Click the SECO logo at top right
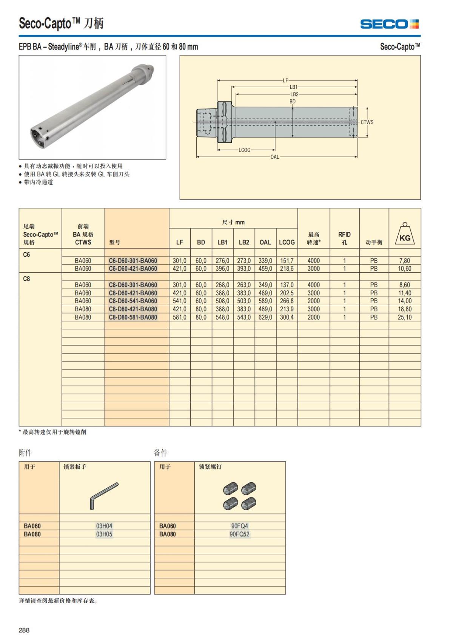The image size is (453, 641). coord(389,24)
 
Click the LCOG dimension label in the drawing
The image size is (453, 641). coord(244,150)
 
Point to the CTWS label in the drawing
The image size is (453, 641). coord(367,122)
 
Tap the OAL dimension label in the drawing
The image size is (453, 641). coord(274,157)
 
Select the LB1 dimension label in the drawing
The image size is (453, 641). coord(294,87)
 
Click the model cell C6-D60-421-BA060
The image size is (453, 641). coord(133,269)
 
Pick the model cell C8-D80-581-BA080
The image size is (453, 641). coord(133,317)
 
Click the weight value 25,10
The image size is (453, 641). coord(404,317)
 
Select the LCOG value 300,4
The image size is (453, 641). coord(287,317)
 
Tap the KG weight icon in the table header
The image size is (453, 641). coord(405,234)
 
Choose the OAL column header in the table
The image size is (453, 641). coord(265,242)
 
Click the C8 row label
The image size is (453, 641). coord(26,279)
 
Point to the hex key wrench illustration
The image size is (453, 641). coord(104,495)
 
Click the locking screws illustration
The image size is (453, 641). coord(240,495)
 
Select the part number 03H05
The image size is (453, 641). coord(104,534)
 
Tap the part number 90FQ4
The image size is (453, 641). coord(240,526)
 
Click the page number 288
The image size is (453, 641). coord(24,630)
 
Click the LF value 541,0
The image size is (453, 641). coord(179,301)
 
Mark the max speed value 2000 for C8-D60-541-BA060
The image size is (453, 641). coord(313,301)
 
